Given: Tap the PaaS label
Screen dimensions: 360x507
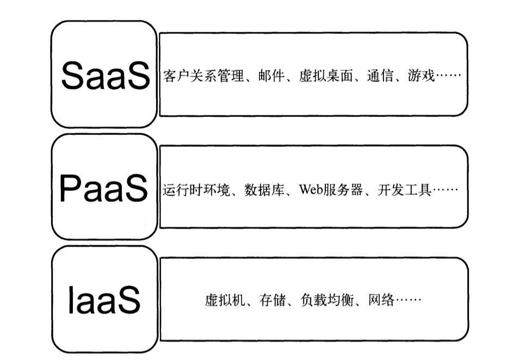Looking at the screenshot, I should tap(103, 189).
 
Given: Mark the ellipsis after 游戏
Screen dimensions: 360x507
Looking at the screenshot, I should tap(448, 77).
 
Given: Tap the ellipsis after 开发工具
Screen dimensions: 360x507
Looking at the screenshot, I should tap(445, 191).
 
